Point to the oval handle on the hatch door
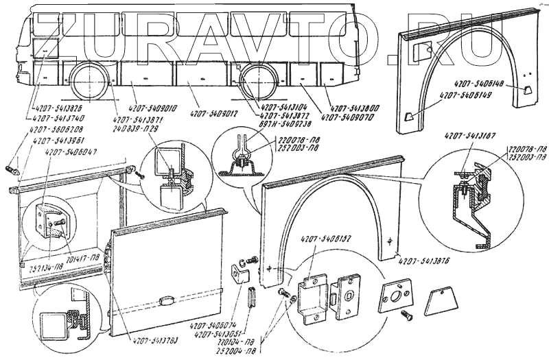pos(167,300)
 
